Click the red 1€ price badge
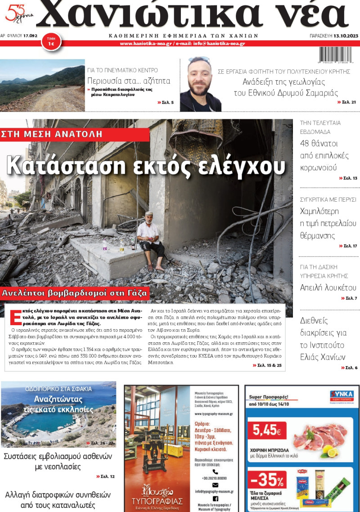point(51,42)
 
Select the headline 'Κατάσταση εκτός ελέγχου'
point(146,165)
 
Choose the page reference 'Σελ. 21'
point(346,102)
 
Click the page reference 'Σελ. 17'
point(347,246)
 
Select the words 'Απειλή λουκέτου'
point(328,288)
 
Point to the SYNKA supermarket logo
point(342,395)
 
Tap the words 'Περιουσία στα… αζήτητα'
point(129,81)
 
